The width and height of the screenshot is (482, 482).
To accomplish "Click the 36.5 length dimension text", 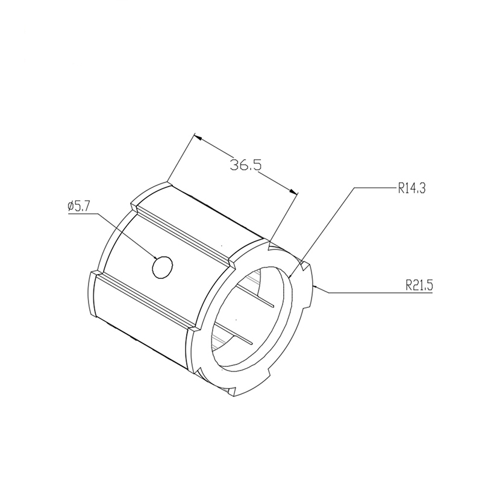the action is click(246, 165).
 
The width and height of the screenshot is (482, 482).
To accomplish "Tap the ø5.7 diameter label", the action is click(78, 206).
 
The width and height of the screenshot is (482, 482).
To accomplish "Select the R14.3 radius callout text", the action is click(412, 188).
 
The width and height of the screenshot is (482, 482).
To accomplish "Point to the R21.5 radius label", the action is click(419, 286).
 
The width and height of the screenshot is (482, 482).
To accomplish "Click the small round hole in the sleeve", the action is click(163, 268).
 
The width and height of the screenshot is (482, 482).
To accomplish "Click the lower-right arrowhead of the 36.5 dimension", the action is click(293, 191).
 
